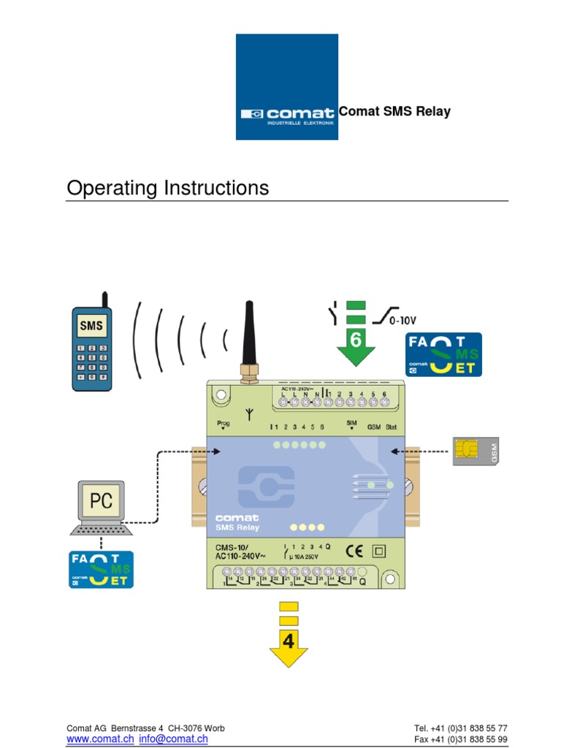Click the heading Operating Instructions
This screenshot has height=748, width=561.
(167, 188)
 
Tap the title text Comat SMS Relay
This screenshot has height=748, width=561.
(394, 112)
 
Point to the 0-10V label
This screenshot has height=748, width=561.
(401, 319)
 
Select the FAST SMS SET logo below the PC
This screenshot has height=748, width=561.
(101, 570)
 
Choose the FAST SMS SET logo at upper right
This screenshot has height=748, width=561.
(444, 355)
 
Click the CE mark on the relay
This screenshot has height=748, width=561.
(351, 550)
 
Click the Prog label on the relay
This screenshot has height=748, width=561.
(224, 424)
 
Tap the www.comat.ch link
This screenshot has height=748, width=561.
(100, 739)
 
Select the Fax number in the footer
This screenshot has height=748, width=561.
(460, 739)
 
